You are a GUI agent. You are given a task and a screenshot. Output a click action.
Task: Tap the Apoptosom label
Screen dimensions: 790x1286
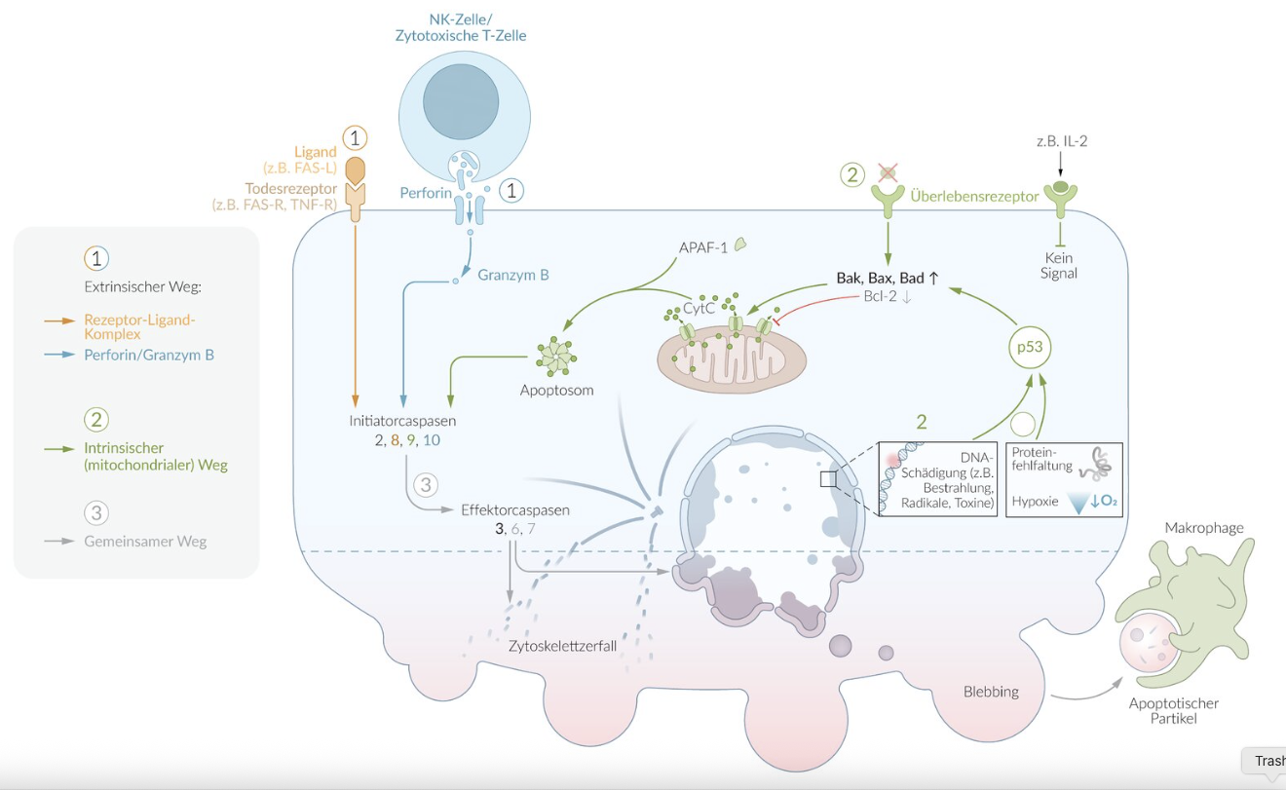point(557,390)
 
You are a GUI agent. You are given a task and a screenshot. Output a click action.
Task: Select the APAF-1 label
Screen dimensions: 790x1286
point(703,246)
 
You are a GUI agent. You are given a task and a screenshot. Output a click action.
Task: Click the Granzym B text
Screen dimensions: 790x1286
point(513,275)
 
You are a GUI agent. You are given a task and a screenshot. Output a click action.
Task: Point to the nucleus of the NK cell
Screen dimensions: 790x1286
point(461,104)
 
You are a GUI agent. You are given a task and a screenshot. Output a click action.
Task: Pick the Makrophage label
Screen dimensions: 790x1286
point(1204,528)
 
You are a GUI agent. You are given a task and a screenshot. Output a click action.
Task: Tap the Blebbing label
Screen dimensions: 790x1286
point(991,692)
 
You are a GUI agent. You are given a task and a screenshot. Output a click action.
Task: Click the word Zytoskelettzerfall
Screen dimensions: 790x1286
point(562,645)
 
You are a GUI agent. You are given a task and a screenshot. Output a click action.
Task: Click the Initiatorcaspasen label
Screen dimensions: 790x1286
point(402,422)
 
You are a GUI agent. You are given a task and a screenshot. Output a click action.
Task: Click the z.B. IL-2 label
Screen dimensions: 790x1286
point(1061,140)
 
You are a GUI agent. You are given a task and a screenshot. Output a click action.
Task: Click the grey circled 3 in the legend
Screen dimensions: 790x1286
point(96,512)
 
